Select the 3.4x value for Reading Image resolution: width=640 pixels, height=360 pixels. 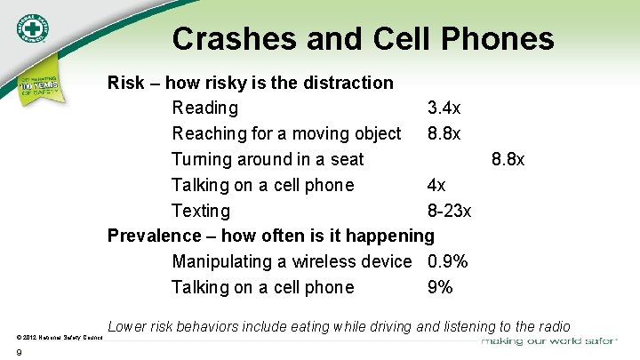(x=444, y=108)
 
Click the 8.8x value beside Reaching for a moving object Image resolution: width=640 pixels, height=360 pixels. (x=444, y=134)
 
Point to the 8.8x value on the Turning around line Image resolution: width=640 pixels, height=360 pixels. (x=508, y=160)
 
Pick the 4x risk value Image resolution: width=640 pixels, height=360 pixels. (x=436, y=186)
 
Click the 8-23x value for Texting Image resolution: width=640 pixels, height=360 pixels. (x=450, y=212)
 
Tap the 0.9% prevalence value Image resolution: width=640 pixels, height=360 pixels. (x=447, y=262)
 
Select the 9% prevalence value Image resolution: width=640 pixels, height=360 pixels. (x=440, y=288)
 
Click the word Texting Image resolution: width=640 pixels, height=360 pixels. (x=200, y=212)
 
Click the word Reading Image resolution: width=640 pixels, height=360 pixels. (x=205, y=108)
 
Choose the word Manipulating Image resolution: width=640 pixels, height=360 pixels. (x=226, y=262)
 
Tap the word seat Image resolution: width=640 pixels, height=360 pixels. (x=345, y=160)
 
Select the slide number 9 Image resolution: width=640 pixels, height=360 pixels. (x=19, y=353)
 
